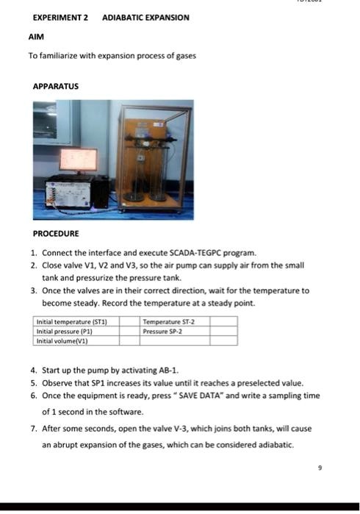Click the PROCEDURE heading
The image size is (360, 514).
coord(57,233)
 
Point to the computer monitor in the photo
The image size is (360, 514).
coord(77,160)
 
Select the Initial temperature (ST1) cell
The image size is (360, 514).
coord(73,321)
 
